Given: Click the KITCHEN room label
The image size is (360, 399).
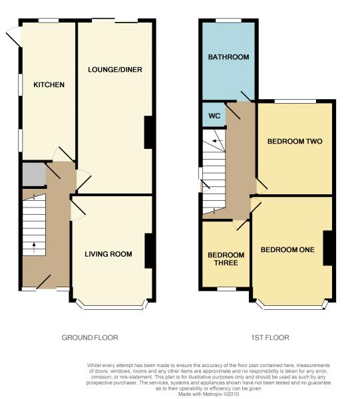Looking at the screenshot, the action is click(x=49, y=84).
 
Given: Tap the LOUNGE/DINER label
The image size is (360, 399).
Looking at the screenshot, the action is click(x=115, y=69).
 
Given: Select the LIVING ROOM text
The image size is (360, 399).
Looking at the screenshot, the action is click(x=108, y=254).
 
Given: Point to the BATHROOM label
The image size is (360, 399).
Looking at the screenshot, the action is click(x=229, y=57).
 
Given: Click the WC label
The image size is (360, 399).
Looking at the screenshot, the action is click(x=214, y=116).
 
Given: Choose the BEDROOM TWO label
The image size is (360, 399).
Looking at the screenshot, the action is click(x=295, y=141).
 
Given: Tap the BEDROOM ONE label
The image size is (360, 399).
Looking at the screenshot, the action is click(x=287, y=249).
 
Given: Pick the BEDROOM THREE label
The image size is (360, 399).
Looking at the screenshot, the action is click(x=226, y=259).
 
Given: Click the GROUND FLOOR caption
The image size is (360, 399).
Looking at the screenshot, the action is click(x=90, y=338).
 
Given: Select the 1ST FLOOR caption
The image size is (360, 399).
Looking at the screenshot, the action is click(x=270, y=338).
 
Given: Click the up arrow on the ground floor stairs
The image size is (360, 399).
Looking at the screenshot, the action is click(x=34, y=247).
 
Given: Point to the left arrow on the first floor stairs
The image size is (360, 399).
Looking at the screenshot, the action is click(x=218, y=141).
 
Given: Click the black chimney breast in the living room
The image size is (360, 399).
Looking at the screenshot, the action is click(x=148, y=251).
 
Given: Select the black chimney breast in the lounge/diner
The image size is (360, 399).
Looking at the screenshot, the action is click(x=148, y=132).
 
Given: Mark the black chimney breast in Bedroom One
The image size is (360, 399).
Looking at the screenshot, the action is click(x=327, y=248).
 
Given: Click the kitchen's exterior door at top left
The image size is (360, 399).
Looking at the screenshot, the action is click(x=14, y=37).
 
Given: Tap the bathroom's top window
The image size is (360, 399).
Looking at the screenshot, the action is click(x=229, y=21).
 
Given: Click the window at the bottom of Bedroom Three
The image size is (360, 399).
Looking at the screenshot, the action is click(x=226, y=289).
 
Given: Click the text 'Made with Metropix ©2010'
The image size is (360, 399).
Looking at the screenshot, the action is click(x=209, y=394).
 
